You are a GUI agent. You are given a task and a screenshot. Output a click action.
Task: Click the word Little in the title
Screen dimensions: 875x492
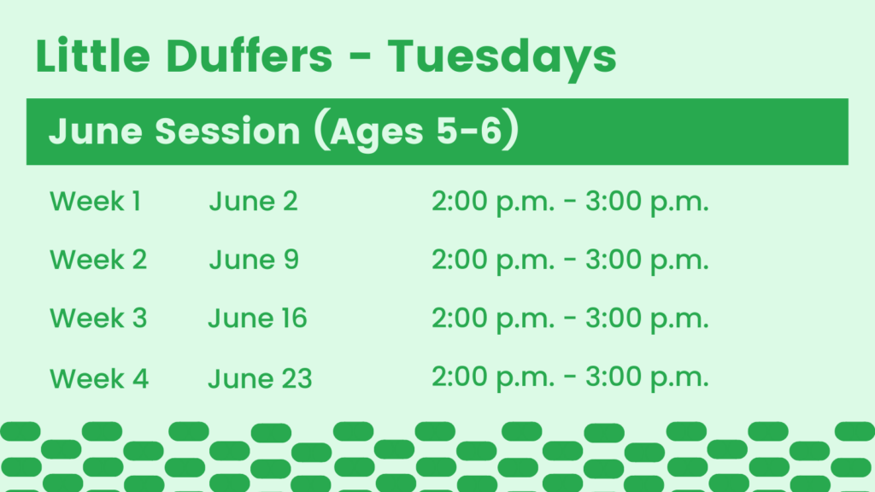(92, 56)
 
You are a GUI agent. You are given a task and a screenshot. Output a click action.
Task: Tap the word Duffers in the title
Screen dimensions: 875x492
(250, 56)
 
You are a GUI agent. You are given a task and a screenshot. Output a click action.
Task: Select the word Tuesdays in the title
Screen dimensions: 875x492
(502, 59)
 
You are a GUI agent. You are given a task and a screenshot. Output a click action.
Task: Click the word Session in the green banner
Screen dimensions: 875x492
(227, 132)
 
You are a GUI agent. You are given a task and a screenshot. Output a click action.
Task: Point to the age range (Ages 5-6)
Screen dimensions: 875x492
(417, 132)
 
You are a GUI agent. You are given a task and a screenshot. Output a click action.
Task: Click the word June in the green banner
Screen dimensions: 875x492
(96, 132)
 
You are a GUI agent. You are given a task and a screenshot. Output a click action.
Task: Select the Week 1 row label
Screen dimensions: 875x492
(96, 201)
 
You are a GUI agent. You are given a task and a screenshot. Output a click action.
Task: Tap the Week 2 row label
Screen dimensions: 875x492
(98, 260)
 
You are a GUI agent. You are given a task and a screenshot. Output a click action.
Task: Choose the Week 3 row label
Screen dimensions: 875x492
(98, 318)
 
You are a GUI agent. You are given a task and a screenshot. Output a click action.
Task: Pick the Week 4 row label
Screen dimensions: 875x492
(99, 378)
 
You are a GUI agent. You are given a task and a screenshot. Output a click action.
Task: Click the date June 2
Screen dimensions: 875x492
(253, 201)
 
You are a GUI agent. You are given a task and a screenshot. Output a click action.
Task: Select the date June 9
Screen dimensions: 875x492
(254, 260)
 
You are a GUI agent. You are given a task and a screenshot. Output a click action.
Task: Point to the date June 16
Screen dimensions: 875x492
(258, 318)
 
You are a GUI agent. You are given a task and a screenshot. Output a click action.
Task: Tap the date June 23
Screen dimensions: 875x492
(260, 378)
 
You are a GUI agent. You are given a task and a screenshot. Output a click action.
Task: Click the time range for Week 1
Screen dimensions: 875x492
(570, 202)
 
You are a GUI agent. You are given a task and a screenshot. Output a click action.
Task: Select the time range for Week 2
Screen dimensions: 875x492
(570, 261)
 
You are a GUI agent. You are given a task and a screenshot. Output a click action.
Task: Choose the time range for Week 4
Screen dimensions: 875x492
(570, 378)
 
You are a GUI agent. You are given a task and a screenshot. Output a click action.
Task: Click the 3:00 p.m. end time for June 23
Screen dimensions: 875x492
(648, 378)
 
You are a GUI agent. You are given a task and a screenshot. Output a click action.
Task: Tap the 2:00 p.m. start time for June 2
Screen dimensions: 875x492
(493, 202)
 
